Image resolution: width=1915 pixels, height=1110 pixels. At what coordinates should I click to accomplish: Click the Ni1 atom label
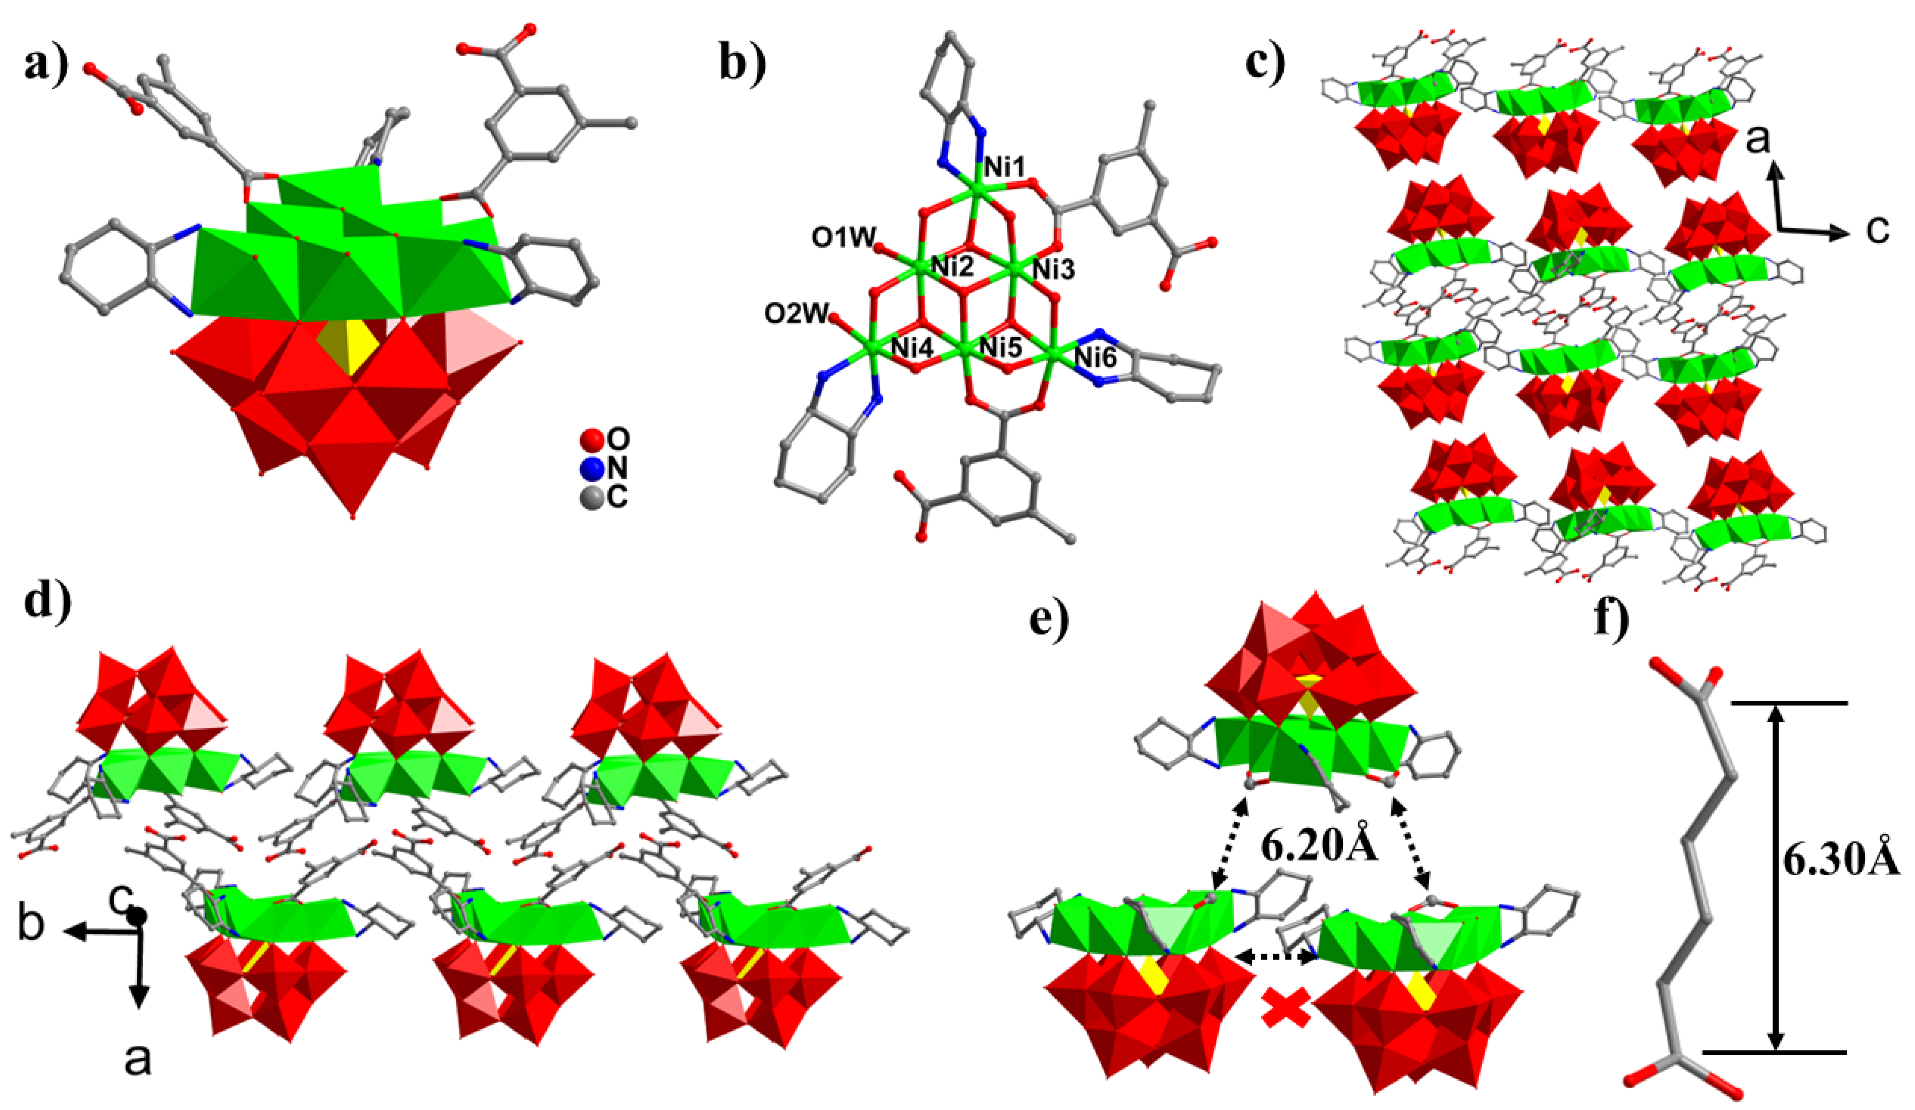1005,167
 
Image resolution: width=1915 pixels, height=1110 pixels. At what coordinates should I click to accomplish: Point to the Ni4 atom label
912,348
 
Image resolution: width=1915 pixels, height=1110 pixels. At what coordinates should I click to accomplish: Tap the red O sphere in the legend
591,439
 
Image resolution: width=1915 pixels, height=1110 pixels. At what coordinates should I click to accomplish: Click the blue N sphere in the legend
591,469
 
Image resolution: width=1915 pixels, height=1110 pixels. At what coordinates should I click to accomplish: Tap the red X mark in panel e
1286,1009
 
